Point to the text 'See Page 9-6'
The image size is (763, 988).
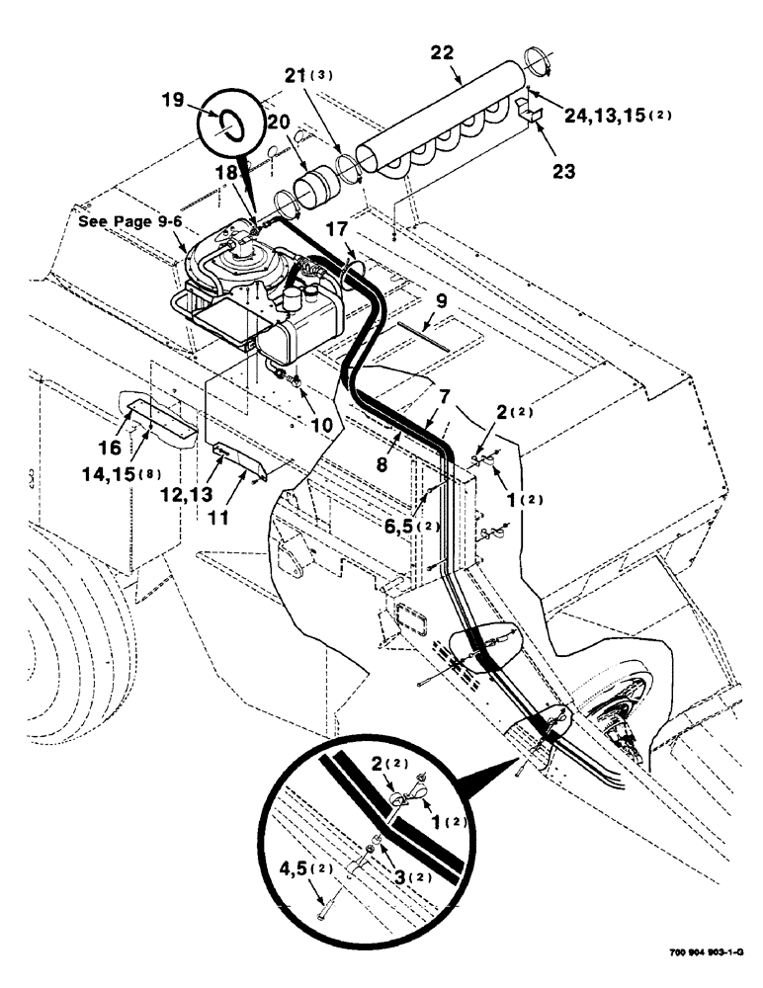pos(129,222)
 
